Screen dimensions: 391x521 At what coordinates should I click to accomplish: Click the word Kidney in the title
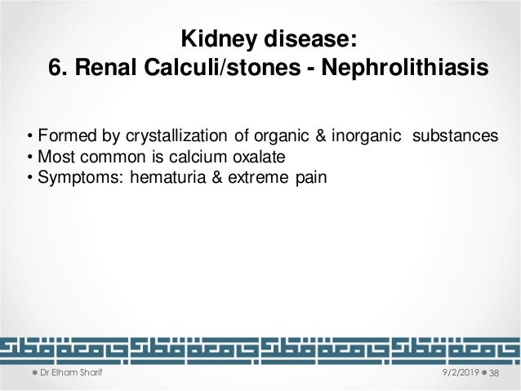(214, 40)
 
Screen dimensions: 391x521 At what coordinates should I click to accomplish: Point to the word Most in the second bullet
(51, 157)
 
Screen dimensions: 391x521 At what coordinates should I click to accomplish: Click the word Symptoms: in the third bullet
(69, 177)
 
